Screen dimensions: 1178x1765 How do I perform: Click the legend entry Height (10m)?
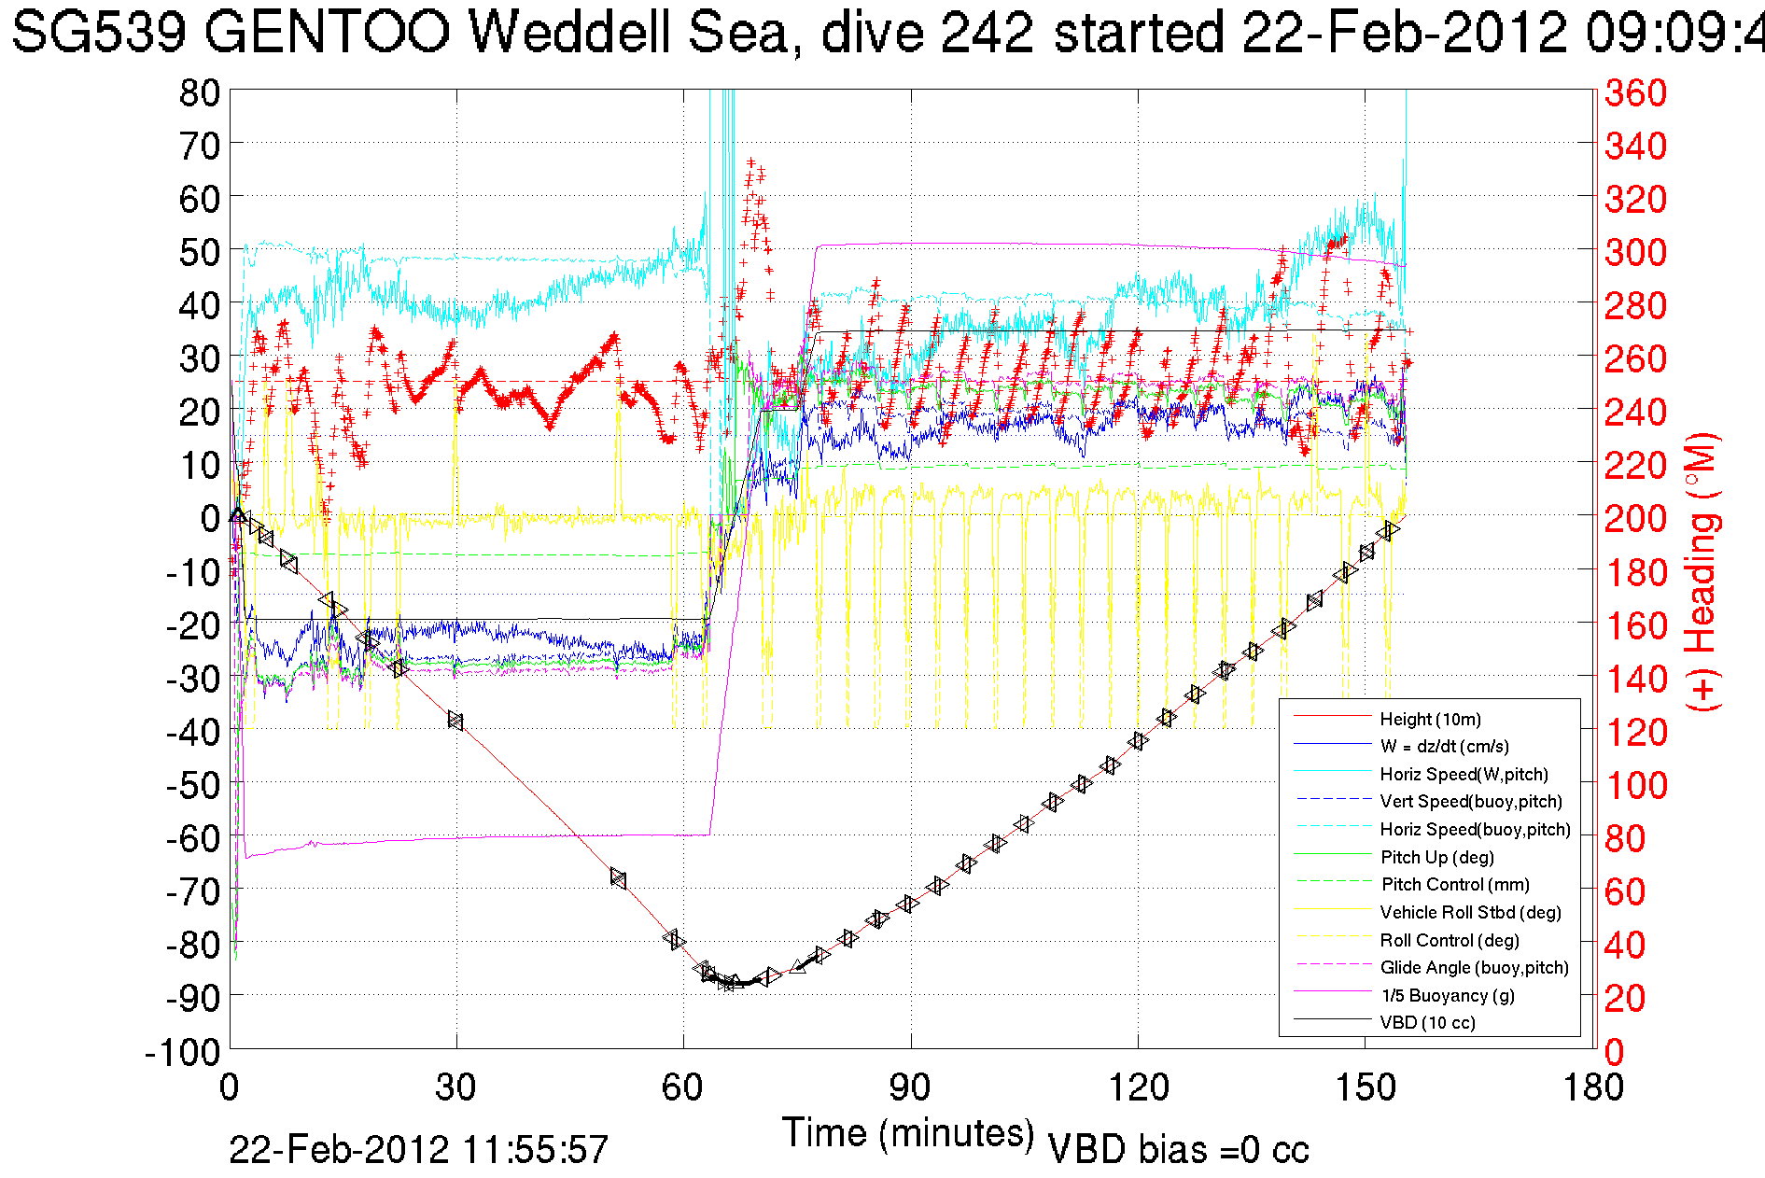click(x=1430, y=719)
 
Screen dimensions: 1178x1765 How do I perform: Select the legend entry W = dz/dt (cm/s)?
click(x=1444, y=746)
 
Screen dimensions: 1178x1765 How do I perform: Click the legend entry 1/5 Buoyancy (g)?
click(x=1448, y=995)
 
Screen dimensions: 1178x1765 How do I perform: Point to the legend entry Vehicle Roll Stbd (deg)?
click(x=1470, y=912)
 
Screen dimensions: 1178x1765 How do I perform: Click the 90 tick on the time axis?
click(x=910, y=1087)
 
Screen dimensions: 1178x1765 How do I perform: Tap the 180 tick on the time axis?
click(x=1591, y=1087)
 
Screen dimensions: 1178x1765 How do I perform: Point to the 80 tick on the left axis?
click(x=199, y=92)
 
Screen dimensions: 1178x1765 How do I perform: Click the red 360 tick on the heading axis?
click(x=1635, y=92)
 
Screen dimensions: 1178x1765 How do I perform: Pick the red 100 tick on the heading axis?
click(x=1635, y=785)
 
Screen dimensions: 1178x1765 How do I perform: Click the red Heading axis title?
click(x=1701, y=571)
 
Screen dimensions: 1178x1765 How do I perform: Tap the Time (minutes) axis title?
click(x=908, y=1133)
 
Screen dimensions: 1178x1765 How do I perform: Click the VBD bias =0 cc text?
click(x=1178, y=1149)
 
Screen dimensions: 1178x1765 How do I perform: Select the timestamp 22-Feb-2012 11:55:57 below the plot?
click(x=418, y=1149)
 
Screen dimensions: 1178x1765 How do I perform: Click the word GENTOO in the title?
click(x=327, y=33)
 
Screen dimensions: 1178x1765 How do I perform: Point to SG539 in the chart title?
click(x=99, y=33)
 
